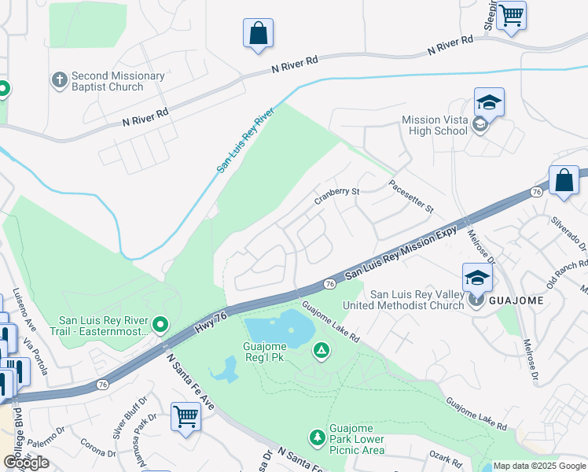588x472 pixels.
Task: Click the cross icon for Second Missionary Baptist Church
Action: (x=59, y=80)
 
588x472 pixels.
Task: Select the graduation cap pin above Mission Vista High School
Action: (x=488, y=102)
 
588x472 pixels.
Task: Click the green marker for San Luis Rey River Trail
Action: (x=161, y=324)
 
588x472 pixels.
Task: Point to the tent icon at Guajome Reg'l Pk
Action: (x=320, y=350)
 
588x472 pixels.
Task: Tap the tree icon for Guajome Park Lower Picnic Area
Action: (x=317, y=437)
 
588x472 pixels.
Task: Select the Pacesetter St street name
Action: (x=411, y=197)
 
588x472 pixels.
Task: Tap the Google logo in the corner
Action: (x=27, y=462)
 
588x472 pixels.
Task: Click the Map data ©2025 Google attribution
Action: (x=539, y=466)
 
